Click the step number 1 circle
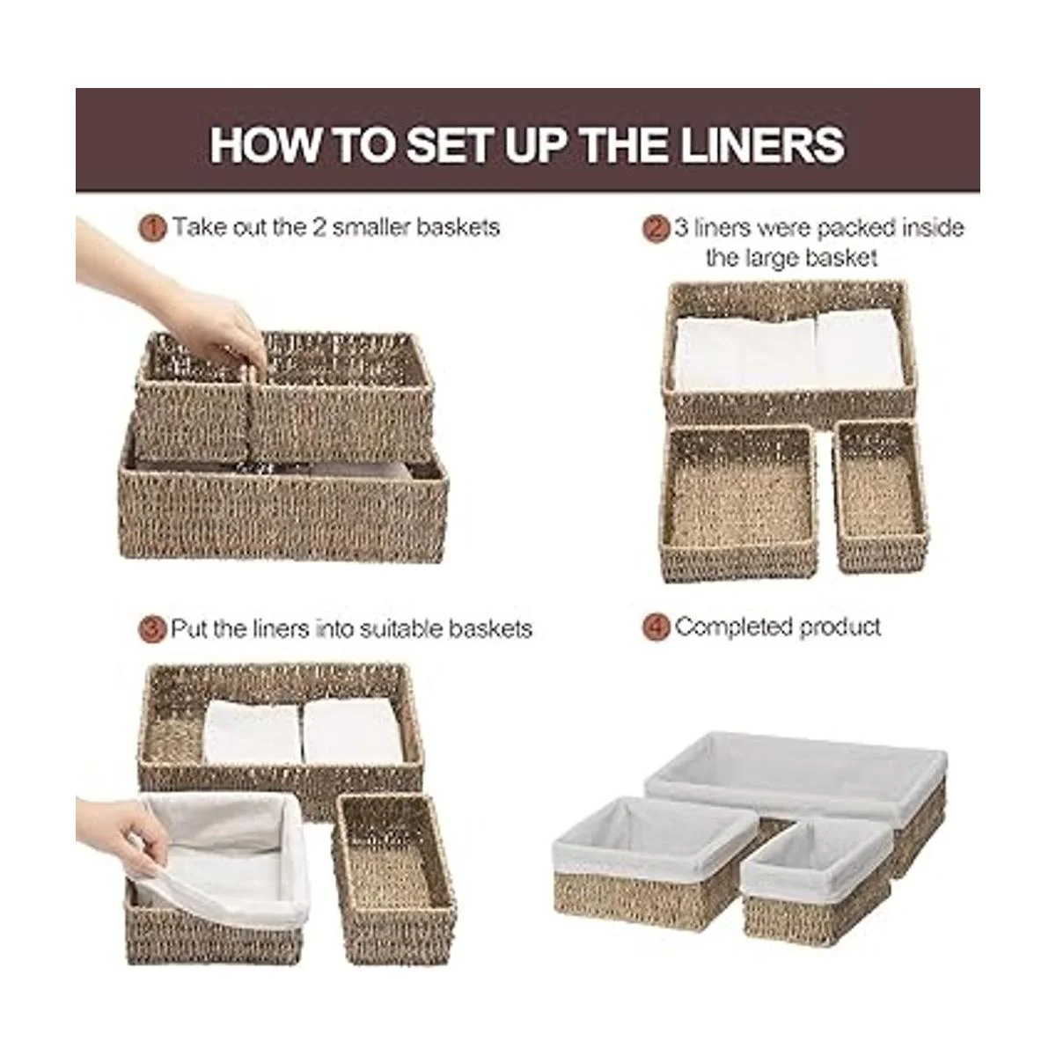tap(152, 227)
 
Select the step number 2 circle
tap(656, 228)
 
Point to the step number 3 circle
tap(151, 629)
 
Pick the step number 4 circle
tap(656, 627)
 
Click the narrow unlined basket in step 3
tap(394, 878)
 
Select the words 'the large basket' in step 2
tap(792, 258)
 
